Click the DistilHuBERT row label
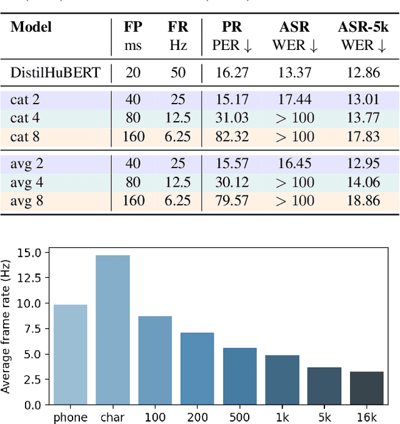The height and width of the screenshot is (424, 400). (x=55, y=72)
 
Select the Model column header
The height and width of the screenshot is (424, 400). (x=31, y=27)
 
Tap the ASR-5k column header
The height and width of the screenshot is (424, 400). (x=362, y=27)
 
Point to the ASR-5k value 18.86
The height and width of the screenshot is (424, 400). (x=362, y=200)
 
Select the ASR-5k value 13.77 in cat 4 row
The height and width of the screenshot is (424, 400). (x=362, y=118)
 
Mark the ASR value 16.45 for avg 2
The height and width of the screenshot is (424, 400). (x=294, y=164)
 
